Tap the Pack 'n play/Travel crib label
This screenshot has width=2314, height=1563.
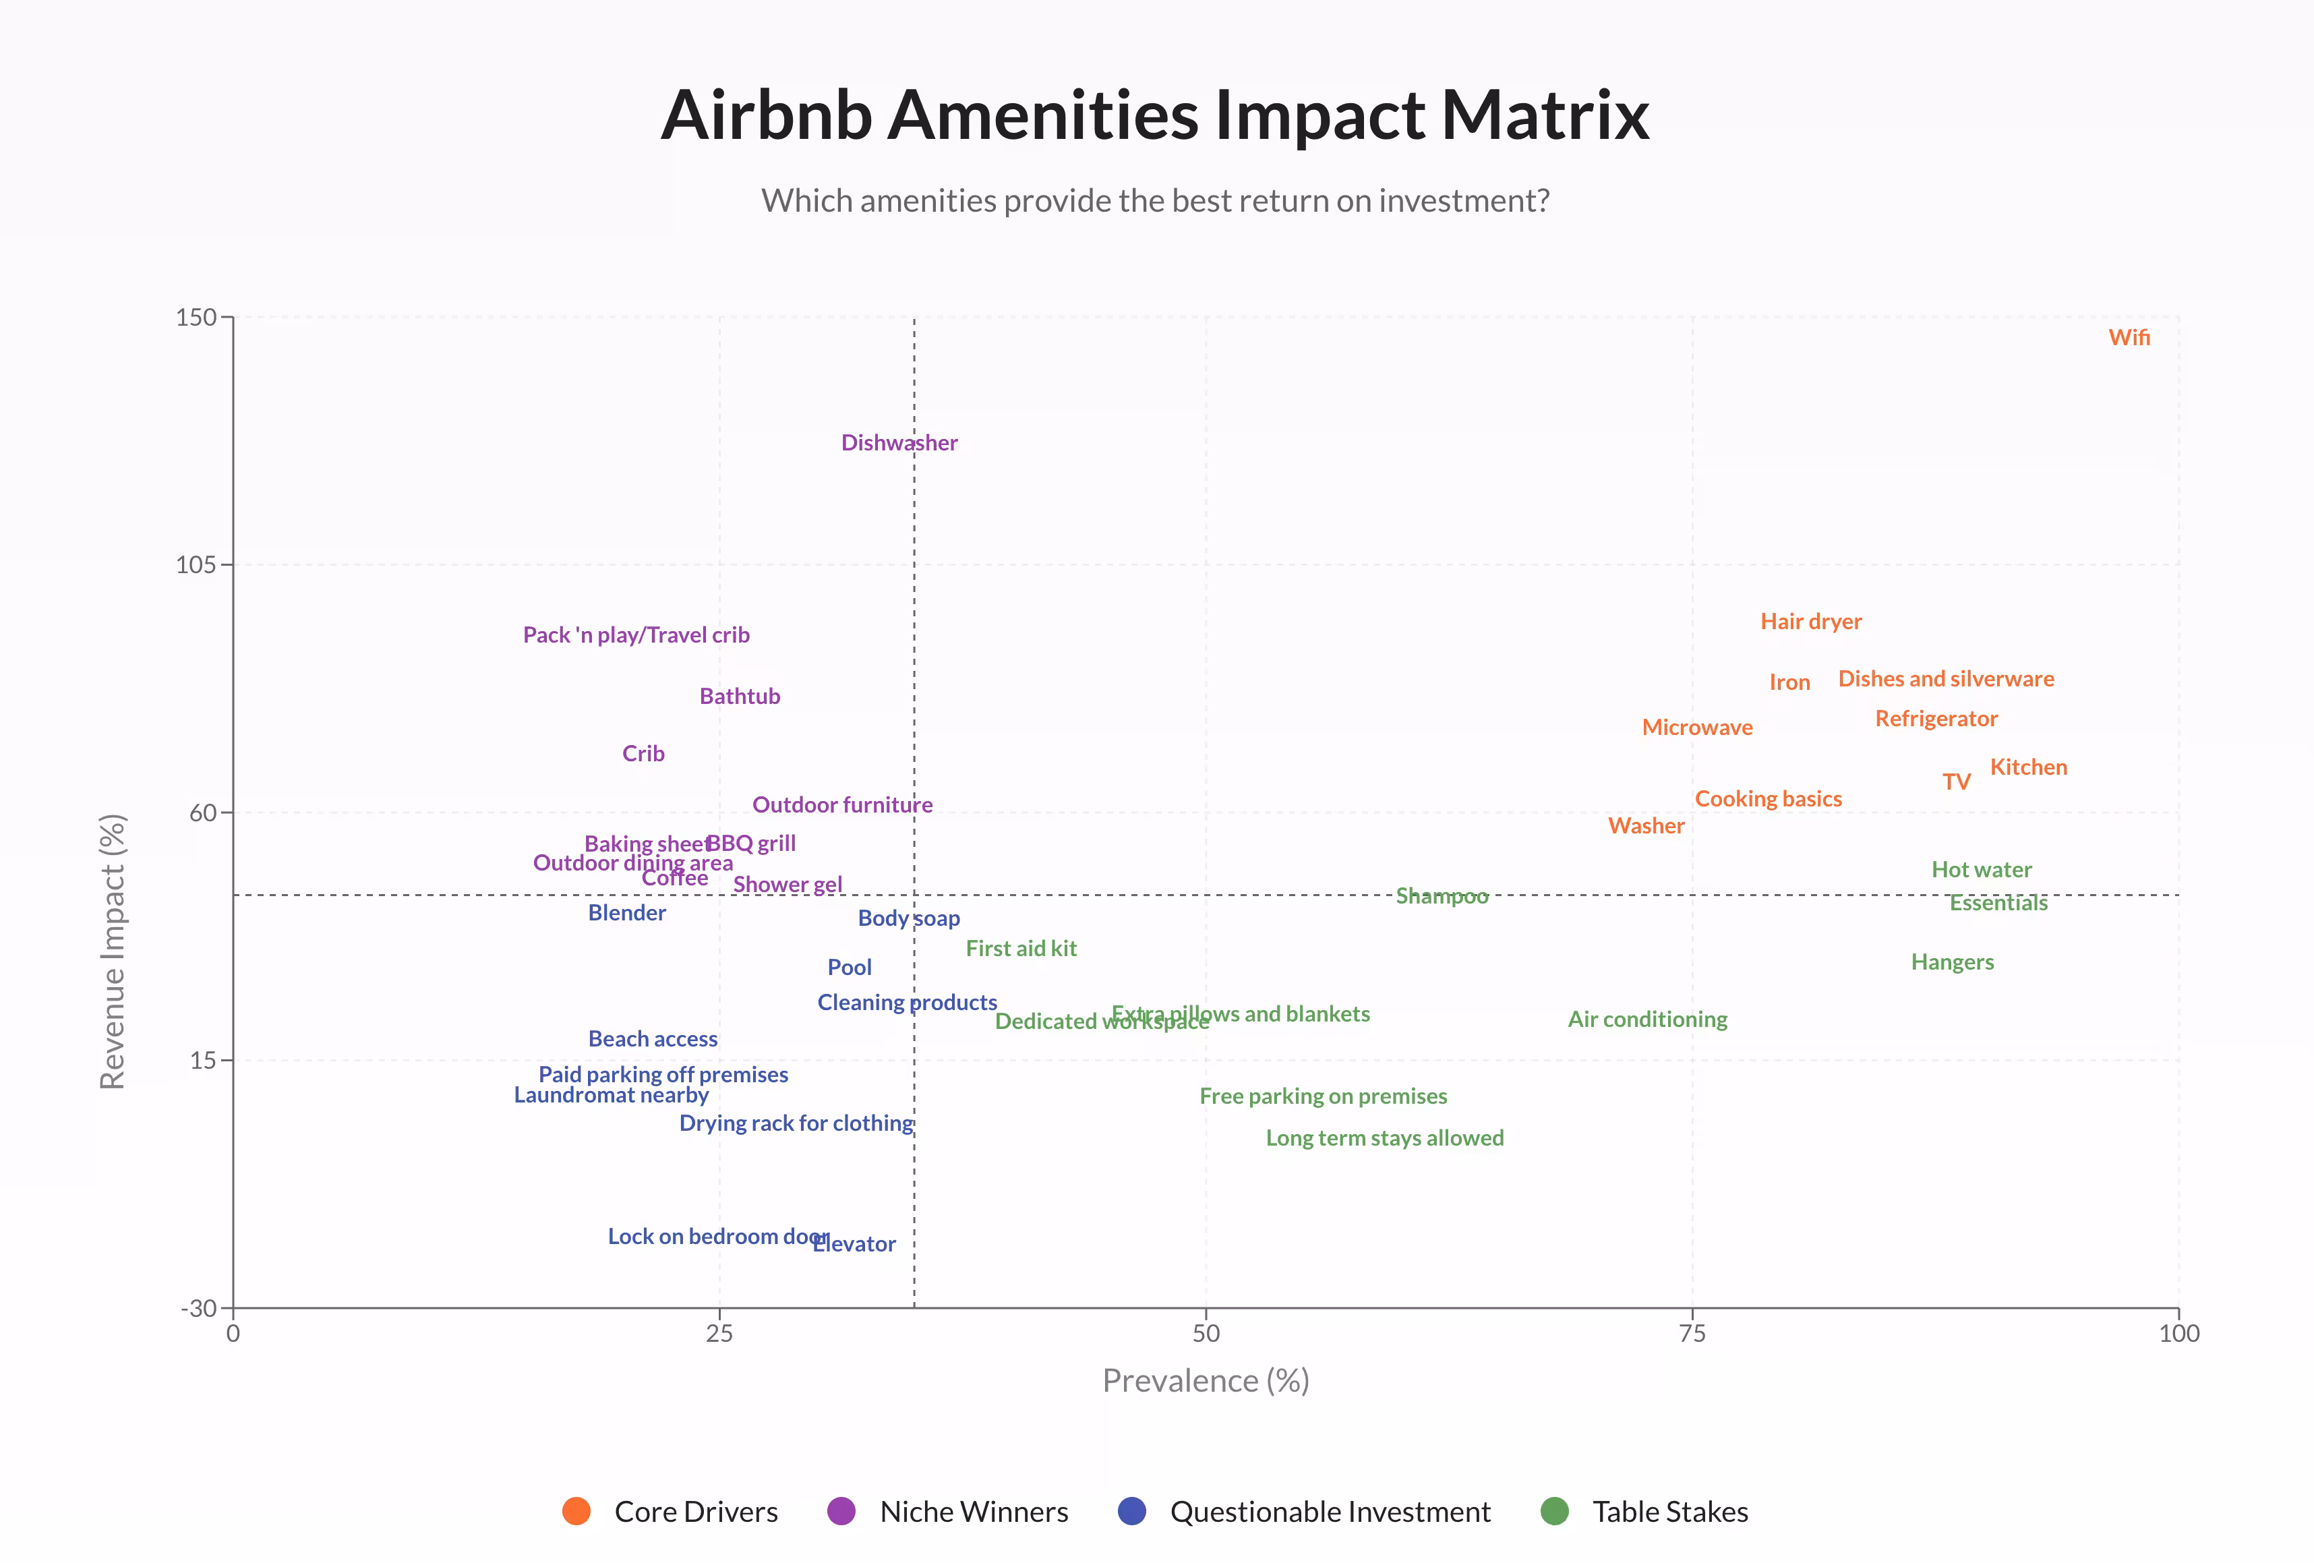click(636, 635)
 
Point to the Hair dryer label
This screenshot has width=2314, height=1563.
click(1810, 621)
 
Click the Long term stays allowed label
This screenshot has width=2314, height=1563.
click(1384, 1138)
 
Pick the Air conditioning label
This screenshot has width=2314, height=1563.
click(1647, 1020)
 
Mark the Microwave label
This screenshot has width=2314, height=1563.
click(1696, 728)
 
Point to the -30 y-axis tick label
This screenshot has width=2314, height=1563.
click(198, 1308)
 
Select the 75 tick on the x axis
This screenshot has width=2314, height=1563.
click(1692, 1334)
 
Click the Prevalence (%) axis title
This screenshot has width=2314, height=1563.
click(1205, 1381)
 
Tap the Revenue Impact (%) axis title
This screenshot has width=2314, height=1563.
click(113, 951)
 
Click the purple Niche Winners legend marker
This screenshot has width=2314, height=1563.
click(841, 1511)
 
